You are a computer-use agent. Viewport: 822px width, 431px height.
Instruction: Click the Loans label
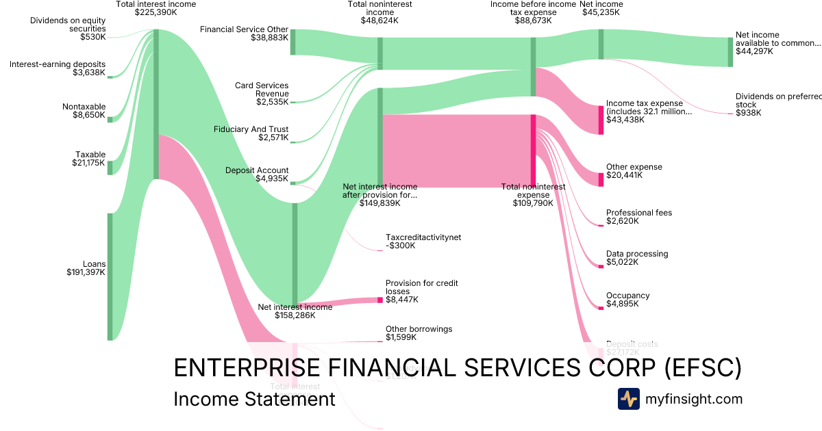[x=94, y=263]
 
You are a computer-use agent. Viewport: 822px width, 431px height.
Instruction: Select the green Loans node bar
[x=110, y=276]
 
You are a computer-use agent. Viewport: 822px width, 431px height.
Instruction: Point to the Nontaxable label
[x=84, y=107]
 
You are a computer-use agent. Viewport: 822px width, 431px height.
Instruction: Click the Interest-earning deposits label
[x=58, y=64]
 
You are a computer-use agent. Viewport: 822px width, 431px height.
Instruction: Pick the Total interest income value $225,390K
[x=155, y=12]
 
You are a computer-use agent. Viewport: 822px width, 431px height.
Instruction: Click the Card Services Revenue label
[x=262, y=90]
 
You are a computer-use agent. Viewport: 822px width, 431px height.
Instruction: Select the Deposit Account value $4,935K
[x=273, y=179]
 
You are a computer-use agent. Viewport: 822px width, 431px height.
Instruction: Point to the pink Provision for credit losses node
[x=380, y=300]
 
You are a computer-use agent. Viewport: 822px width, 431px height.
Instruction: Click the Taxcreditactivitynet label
[x=423, y=237]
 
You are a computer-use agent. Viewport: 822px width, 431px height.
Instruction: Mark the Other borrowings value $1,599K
[x=401, y=337]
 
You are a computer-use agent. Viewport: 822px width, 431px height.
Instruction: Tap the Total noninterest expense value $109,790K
[x=532, y=203]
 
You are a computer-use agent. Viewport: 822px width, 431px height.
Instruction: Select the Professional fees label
[x=638, y=213]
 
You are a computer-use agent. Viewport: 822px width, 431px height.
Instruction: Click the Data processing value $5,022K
[x=622, y=262]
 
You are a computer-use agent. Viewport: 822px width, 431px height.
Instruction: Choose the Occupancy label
[x=627, y=296]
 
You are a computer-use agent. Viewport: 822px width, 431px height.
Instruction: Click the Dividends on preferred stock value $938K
[x=748, y=113]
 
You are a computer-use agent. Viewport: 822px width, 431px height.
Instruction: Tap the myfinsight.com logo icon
[x=628, y=399]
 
